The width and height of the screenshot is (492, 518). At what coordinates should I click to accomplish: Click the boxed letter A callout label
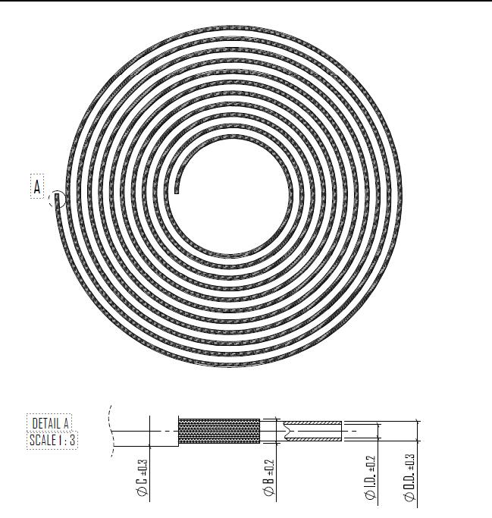(x=37, y=187)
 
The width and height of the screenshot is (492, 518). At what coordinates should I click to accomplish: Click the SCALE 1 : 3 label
(x=52, y=440)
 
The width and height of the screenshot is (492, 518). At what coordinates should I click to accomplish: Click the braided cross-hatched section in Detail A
(x=218, y=432)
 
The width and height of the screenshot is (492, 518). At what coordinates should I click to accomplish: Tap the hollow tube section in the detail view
(x=312, y=431)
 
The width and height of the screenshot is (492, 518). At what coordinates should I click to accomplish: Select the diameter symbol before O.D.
(x=410, y=498)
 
